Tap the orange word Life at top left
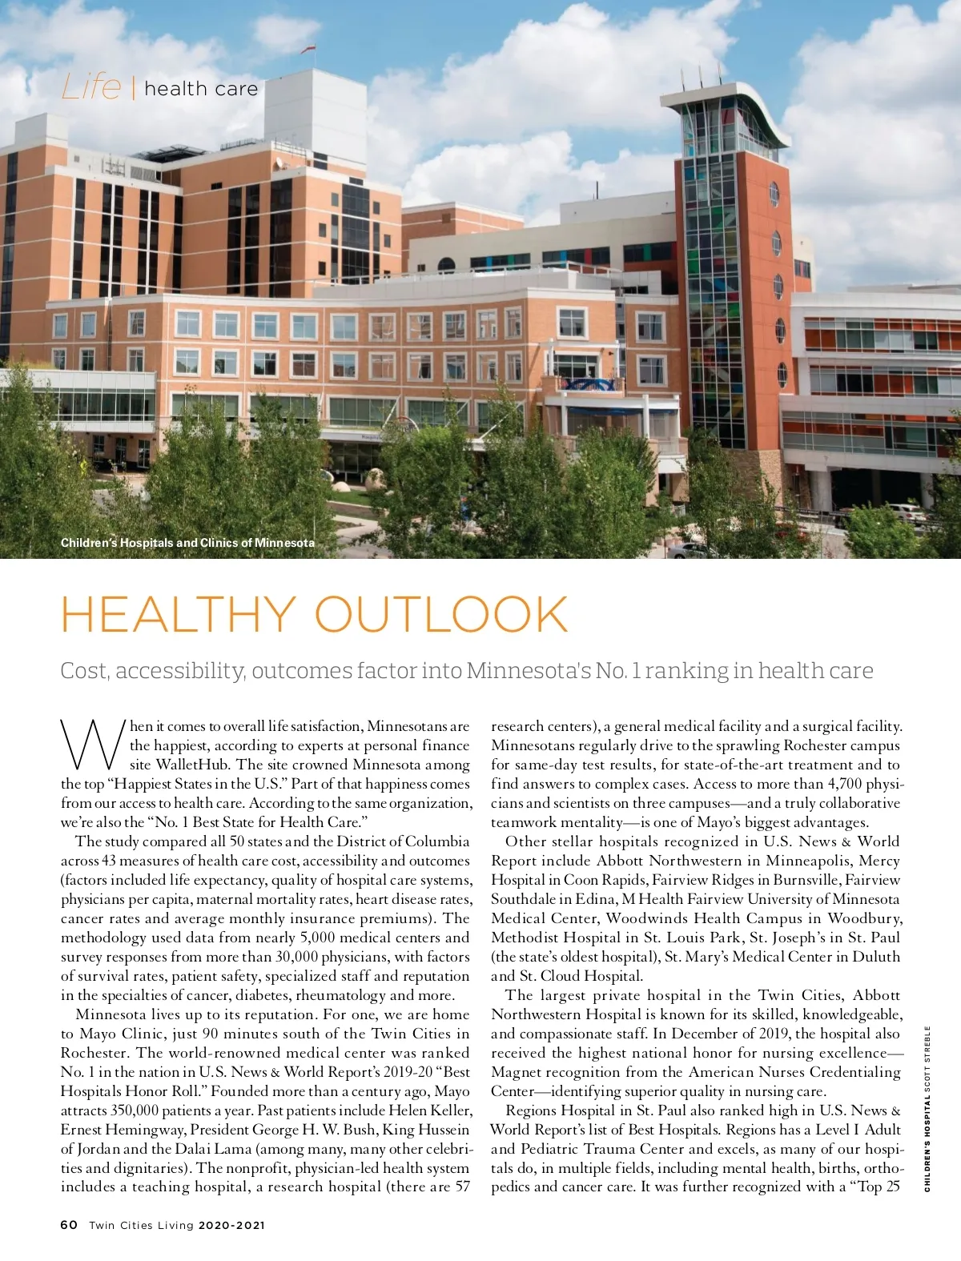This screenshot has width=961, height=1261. (91, 87)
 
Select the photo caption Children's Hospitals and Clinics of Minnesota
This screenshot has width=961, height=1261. (187, 543)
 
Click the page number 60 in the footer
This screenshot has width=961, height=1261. (69, 1225)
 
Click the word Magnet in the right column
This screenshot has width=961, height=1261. (514, 1072)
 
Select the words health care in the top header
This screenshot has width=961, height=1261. (201, 89)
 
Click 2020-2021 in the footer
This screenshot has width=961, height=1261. (231, 1225)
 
